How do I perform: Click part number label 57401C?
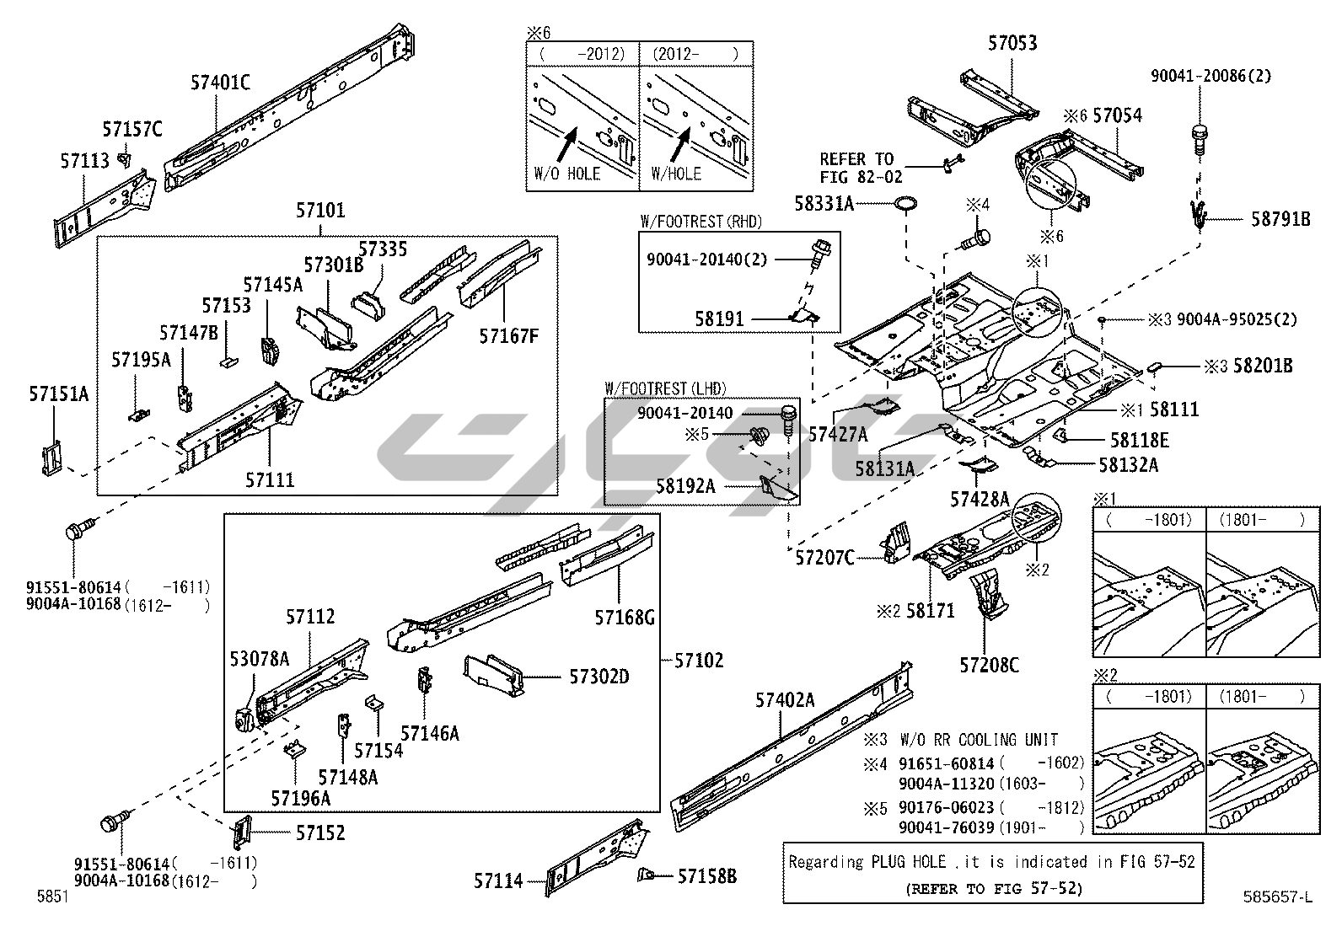220,82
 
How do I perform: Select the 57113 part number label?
84,160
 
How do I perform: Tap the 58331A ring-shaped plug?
906,203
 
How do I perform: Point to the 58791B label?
1280,219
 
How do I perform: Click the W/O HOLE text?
567,174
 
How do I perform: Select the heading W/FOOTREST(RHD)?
701,222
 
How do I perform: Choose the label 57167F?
508,336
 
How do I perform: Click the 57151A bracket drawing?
52,456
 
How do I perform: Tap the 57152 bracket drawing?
241,833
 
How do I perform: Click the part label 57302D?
599,677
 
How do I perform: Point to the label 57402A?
785,699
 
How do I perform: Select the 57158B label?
707,877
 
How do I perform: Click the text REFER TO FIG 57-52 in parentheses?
994,888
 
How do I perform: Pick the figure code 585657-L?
1278,897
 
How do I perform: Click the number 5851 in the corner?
52,897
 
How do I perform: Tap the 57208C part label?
988,666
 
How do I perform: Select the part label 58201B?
1263,366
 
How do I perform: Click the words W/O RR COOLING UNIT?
979,740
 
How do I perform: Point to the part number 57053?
1012,43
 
